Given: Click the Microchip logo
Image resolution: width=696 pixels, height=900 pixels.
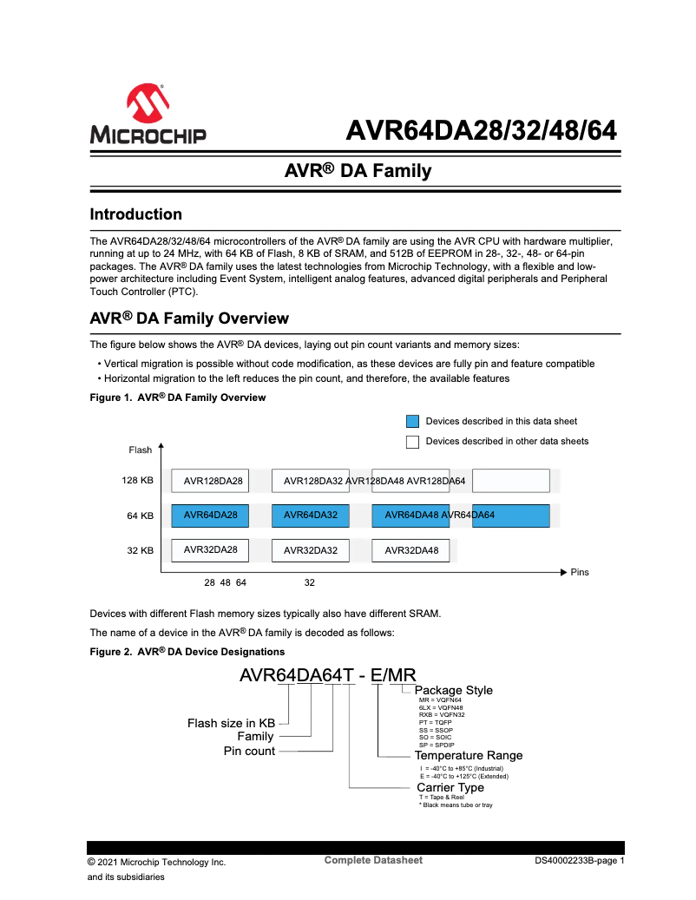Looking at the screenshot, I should pyautogui.click(x=147, y=115).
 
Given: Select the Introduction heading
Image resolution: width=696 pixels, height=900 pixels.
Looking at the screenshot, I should pyautogui.click(x=136, y=214).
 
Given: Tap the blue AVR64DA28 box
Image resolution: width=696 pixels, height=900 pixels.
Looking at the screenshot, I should pyautogui.click(x=210, y=516).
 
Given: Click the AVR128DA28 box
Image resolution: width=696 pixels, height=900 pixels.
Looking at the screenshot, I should pyautogui.click(x=210, y=481).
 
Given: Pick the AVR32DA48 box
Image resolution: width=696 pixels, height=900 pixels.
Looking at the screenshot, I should pyautogui.click(x=410, y=550).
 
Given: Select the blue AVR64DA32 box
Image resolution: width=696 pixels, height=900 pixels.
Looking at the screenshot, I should pyautogui.click(x=311, y=516).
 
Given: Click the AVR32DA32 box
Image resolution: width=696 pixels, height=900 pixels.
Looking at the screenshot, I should pyautogui.click(x=311, y=550).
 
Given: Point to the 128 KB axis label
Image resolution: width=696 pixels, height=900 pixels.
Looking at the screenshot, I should pyautogui.click(x=138, y=480).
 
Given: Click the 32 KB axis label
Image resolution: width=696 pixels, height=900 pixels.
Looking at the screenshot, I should pyautogui.click(x=141, y=550).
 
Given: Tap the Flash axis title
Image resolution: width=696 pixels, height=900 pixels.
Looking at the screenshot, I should pyautogui.click(x=141, y=450).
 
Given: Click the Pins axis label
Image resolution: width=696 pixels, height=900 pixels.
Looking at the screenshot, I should pyautogui.click(x=580, y=573).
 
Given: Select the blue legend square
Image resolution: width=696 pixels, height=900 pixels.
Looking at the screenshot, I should pyautogui.click(x=413, y=422).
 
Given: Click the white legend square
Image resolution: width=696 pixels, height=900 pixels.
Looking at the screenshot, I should pyautogui.click(x=413, y=442).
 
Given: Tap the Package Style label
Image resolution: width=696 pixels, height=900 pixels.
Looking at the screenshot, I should pyautogui.click(x=454, y=690).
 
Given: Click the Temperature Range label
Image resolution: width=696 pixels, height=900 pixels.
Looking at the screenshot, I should pyautogui.click(x=469, y=755).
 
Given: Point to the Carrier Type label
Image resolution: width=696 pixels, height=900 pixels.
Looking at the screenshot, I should pyautogui.click(x=450, y=787).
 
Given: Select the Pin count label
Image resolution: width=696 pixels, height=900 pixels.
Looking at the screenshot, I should pyautogui.click(x=249, y=751).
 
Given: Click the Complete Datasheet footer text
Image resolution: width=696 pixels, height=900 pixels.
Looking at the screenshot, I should pyautogui.click(x=373, y=860).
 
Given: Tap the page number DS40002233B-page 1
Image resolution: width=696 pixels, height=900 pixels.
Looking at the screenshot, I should pyautogui.click(x=579, y=861).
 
